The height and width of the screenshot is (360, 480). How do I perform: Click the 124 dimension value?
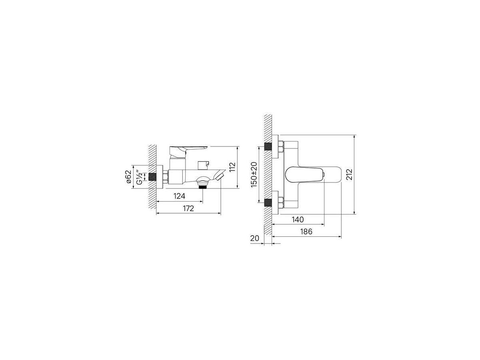[x=179, y=196]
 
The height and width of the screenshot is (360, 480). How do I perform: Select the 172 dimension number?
[x=188, y=208]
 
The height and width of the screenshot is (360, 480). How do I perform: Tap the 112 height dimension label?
[x=232, y=167]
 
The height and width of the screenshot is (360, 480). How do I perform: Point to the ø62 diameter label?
[x=128, y=177]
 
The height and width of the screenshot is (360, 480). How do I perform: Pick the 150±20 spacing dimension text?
[x=254, y=175]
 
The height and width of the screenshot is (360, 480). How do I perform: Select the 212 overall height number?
[x=350, y=174]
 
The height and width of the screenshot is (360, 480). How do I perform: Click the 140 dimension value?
[x=298, y=220]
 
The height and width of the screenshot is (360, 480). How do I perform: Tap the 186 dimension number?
[x=306, y=232]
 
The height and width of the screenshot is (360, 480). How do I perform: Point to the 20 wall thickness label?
[x=254, y=238]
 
